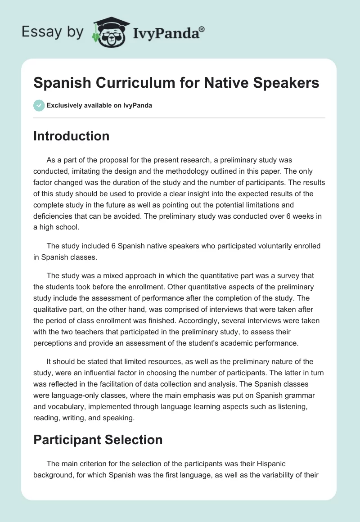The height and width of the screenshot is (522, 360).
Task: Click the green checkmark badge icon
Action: (x=38, y=105)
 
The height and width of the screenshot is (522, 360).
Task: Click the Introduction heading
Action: (x=71, y=136)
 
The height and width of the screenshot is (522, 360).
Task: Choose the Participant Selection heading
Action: (x=98, y=440)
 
